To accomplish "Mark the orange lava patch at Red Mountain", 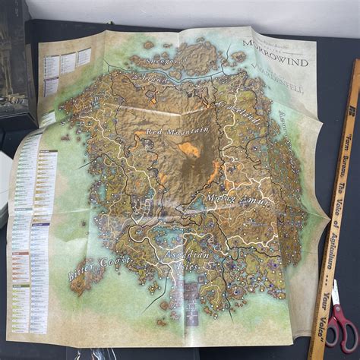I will pyautogui.click(x=189, y=150).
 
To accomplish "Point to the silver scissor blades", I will pyautogui.click(x=335, y=292).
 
